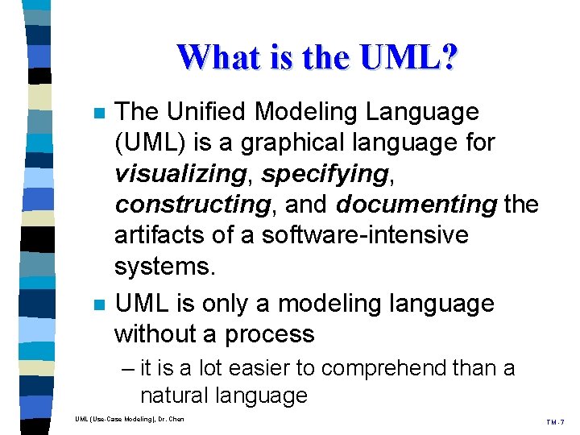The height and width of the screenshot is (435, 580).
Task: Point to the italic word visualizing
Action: [x=179, y=174]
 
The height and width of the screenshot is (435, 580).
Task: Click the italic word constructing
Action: [x=192, y=205]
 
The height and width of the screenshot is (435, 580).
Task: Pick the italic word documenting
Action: [x=416, y=205]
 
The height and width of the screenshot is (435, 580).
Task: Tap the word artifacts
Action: [x=160, y=236]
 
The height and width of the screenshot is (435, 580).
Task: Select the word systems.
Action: [x=165, y=267]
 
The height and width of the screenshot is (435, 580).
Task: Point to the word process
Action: [x=269, y=334]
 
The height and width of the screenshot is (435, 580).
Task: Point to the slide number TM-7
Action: [x=555, y=421]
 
